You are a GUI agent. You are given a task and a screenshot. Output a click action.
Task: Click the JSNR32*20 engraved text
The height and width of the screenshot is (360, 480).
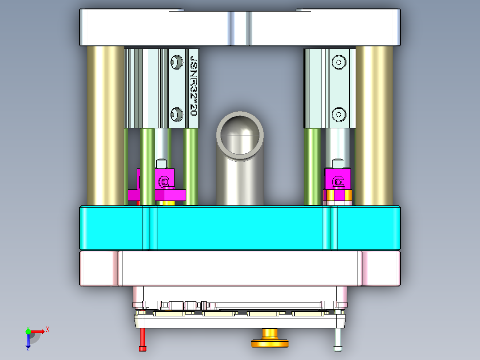point(194,86)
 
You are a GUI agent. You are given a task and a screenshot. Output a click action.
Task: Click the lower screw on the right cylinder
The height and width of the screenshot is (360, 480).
point(339,115)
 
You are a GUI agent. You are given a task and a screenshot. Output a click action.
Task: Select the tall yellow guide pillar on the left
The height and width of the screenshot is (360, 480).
point(106,125)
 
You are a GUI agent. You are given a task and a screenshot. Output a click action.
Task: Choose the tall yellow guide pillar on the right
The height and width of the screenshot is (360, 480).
point(374,125)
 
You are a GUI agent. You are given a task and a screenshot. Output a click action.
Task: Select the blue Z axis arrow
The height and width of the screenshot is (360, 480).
point(28,341)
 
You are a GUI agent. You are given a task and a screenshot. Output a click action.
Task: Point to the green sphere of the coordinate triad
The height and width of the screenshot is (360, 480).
point(28,331)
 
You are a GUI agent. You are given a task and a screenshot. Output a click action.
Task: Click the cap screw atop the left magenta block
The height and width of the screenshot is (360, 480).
point(162,164)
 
